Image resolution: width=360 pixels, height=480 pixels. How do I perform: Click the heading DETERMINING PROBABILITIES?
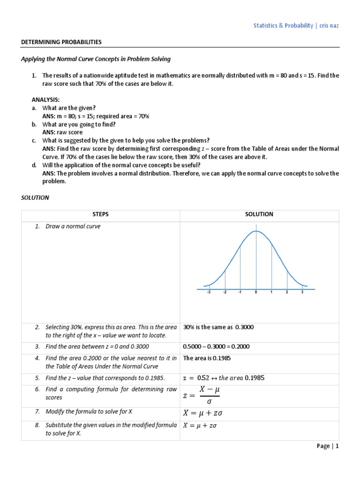point(61,42)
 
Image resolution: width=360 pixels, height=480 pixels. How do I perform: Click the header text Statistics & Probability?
point(284,26)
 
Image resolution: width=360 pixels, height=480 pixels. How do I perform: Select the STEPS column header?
point(100,214)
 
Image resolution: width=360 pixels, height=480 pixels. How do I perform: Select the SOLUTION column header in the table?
point(259,214)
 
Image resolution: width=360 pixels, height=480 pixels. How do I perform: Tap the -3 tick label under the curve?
point(209,292)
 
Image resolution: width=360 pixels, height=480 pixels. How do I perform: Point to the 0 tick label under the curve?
point(256,292)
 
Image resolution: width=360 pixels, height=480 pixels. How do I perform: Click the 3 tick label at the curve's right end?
point(302,292)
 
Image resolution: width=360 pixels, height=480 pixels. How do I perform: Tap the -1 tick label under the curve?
point(240,292)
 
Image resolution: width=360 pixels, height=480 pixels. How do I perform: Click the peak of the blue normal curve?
point(256,231)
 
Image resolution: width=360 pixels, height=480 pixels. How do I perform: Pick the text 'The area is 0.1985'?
point(207,358)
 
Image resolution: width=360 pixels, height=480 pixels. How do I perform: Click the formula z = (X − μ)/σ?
point(201,396)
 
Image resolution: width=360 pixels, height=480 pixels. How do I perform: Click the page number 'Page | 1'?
point(327,446)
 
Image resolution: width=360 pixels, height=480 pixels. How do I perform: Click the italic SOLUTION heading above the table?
point(35,197)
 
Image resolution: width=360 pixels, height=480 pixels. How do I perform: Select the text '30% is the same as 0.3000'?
point(218,327)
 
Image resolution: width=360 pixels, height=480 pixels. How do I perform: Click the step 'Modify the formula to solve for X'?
point(89,412)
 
